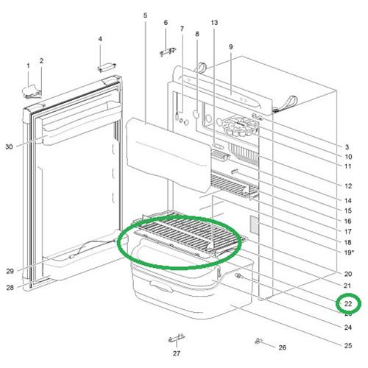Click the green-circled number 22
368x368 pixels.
[347, 302]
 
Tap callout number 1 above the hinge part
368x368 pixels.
[29, 66]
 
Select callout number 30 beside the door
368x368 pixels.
[10, 146]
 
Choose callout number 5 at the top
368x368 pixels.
[145, 15]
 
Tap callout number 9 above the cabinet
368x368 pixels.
[230, 47]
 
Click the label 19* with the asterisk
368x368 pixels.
[349, 252]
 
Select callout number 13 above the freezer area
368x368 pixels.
[214, 24]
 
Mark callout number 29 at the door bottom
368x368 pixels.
[10, 271]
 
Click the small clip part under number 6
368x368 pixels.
[168, 53]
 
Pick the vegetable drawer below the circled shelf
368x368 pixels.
[184, 287]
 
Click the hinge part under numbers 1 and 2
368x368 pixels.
[34, 91]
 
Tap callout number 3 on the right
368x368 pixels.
[347, 147]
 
